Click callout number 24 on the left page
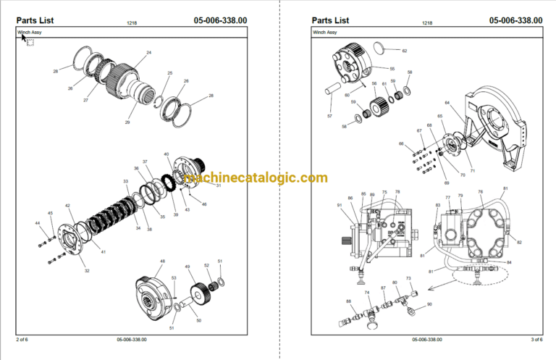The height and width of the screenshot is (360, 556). [149, 53]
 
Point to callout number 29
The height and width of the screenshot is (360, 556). [127, 123]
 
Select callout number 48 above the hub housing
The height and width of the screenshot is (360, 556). [162, 261]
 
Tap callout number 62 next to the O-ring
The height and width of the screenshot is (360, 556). [405, 51]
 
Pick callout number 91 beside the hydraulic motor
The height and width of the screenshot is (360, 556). [339, 206]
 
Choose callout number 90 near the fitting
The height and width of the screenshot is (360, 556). [429, 304]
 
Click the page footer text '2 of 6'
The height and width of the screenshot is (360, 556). [22, 339]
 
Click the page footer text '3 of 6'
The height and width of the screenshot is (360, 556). [536, 339]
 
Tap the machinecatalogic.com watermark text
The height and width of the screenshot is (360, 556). [256, 178]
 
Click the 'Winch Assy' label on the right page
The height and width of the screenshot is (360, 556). [325, 33]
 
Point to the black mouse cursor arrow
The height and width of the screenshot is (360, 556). [23, 38]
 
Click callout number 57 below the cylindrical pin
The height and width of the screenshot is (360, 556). [329, 116]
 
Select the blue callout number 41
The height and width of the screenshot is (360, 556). [104, 251]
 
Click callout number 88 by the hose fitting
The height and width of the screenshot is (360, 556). [349, 301]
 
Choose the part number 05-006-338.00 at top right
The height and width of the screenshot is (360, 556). [515, 20]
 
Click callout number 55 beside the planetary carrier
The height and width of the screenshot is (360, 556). [392, 69]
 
